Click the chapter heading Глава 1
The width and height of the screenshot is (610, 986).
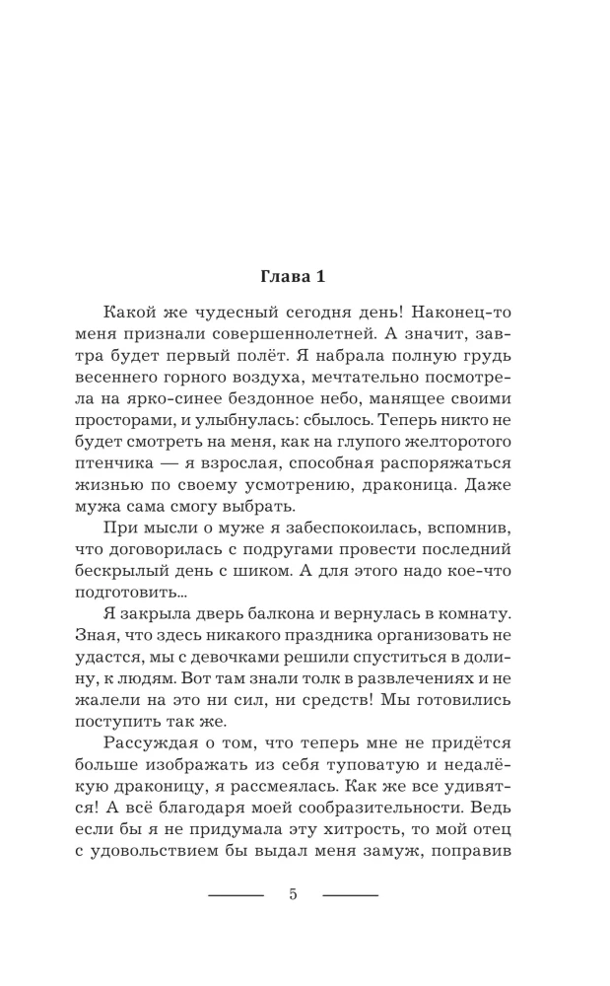(x=305, y=276)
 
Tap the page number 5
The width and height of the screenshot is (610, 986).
(x=294, y=894)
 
